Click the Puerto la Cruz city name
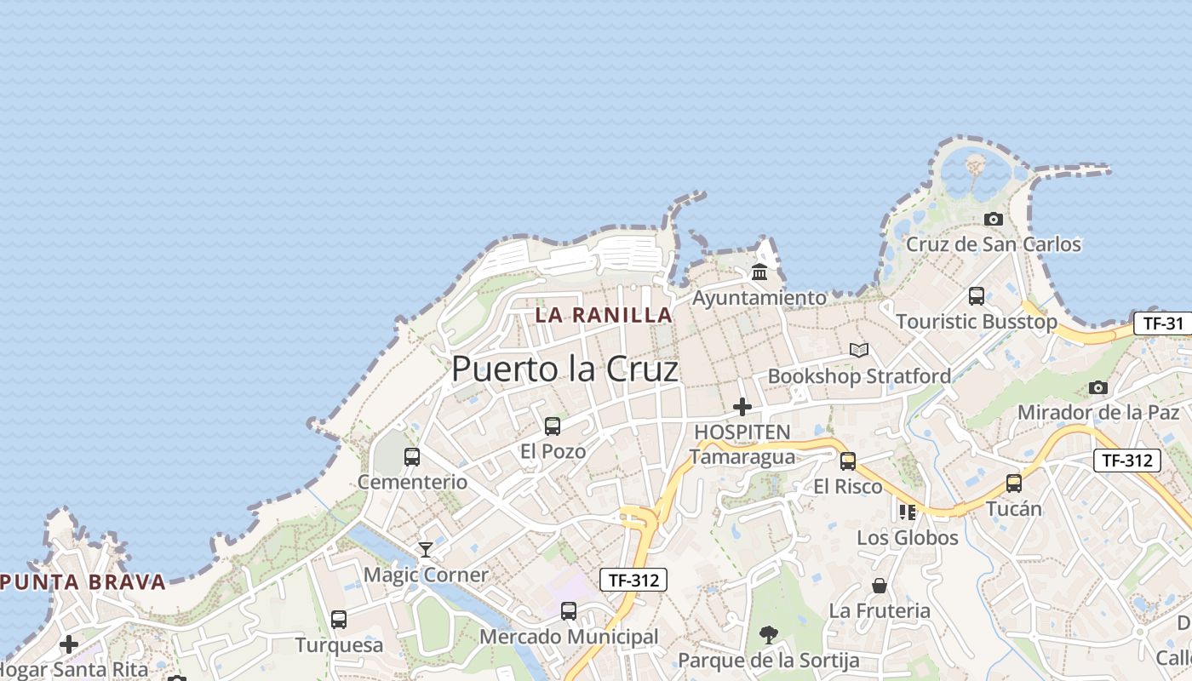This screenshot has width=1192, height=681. tap(564, 369)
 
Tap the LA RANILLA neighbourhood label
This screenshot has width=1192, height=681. tap(604, 315)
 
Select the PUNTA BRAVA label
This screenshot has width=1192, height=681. tap(83, 583)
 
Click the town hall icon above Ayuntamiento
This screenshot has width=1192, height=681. tap(759, 272)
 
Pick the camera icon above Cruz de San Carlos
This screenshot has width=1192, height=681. tap(993, 220)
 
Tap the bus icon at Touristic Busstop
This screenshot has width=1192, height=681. tap(977, 296)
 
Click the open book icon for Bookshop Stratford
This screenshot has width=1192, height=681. tap(859, 350)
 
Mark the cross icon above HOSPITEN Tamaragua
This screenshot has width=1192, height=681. tap(742, 407)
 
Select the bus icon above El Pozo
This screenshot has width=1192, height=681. tap(553, 426)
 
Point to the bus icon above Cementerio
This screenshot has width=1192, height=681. tap(412, 457)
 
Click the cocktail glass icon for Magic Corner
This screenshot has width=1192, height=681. tap(426, 550)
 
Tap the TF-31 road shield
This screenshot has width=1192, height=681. tap(1163, 323)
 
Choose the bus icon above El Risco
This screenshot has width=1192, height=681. tap(848, 461)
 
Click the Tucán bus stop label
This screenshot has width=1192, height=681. tap(1013, 509)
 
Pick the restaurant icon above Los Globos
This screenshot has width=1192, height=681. tap(908, 512)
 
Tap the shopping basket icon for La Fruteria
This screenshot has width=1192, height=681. tap(880, 586)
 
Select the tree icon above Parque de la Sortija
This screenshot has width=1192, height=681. tap(768, 634)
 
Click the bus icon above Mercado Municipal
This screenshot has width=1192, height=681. tap(569, 611)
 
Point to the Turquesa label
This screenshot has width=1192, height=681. tap(339, 645)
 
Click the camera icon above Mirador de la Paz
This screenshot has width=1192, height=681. tap(1098, 388)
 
